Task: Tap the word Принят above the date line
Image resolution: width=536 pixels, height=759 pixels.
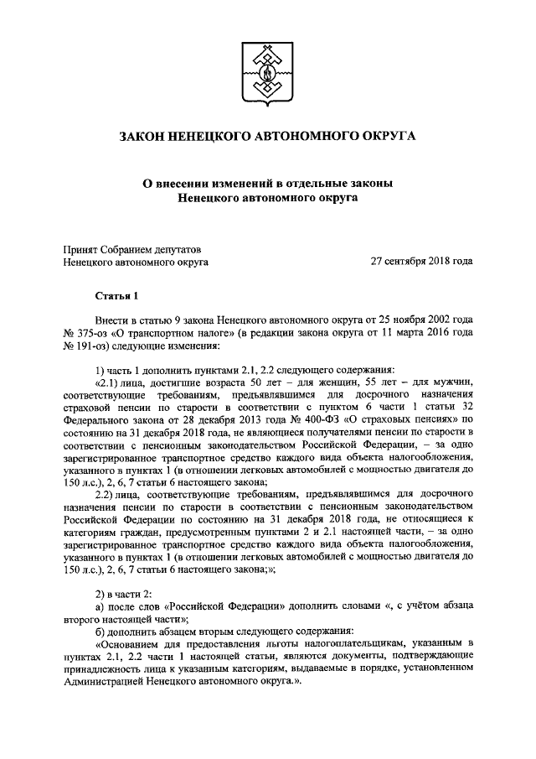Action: tap(81, 248)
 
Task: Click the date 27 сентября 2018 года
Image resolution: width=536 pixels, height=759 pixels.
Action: tap(422, 262)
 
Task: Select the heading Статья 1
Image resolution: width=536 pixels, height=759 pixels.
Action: tap(113, 295)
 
